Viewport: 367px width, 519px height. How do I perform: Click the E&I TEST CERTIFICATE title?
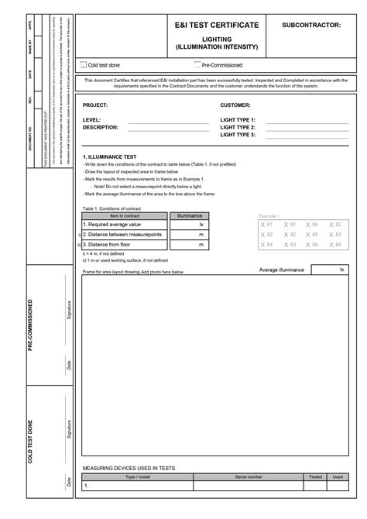click(217, 26)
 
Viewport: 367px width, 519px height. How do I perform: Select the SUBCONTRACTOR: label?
click(311, 26)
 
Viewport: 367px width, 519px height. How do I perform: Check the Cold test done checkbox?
click(84, 66)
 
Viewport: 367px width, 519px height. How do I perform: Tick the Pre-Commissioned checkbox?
click(197, 65)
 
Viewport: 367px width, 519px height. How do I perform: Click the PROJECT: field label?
click(95, 105)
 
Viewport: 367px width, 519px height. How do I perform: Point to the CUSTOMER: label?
click(235, 105)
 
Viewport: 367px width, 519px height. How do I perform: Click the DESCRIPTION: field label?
click(101, 127)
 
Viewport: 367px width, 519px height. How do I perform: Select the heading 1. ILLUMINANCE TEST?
click(109, 156)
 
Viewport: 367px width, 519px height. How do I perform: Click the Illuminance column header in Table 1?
click(190, 215)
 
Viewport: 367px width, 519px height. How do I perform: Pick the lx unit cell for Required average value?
click(201, 224)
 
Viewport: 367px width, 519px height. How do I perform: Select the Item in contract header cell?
click(125, 215)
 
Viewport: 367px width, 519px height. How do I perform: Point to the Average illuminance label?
click(283, 270)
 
